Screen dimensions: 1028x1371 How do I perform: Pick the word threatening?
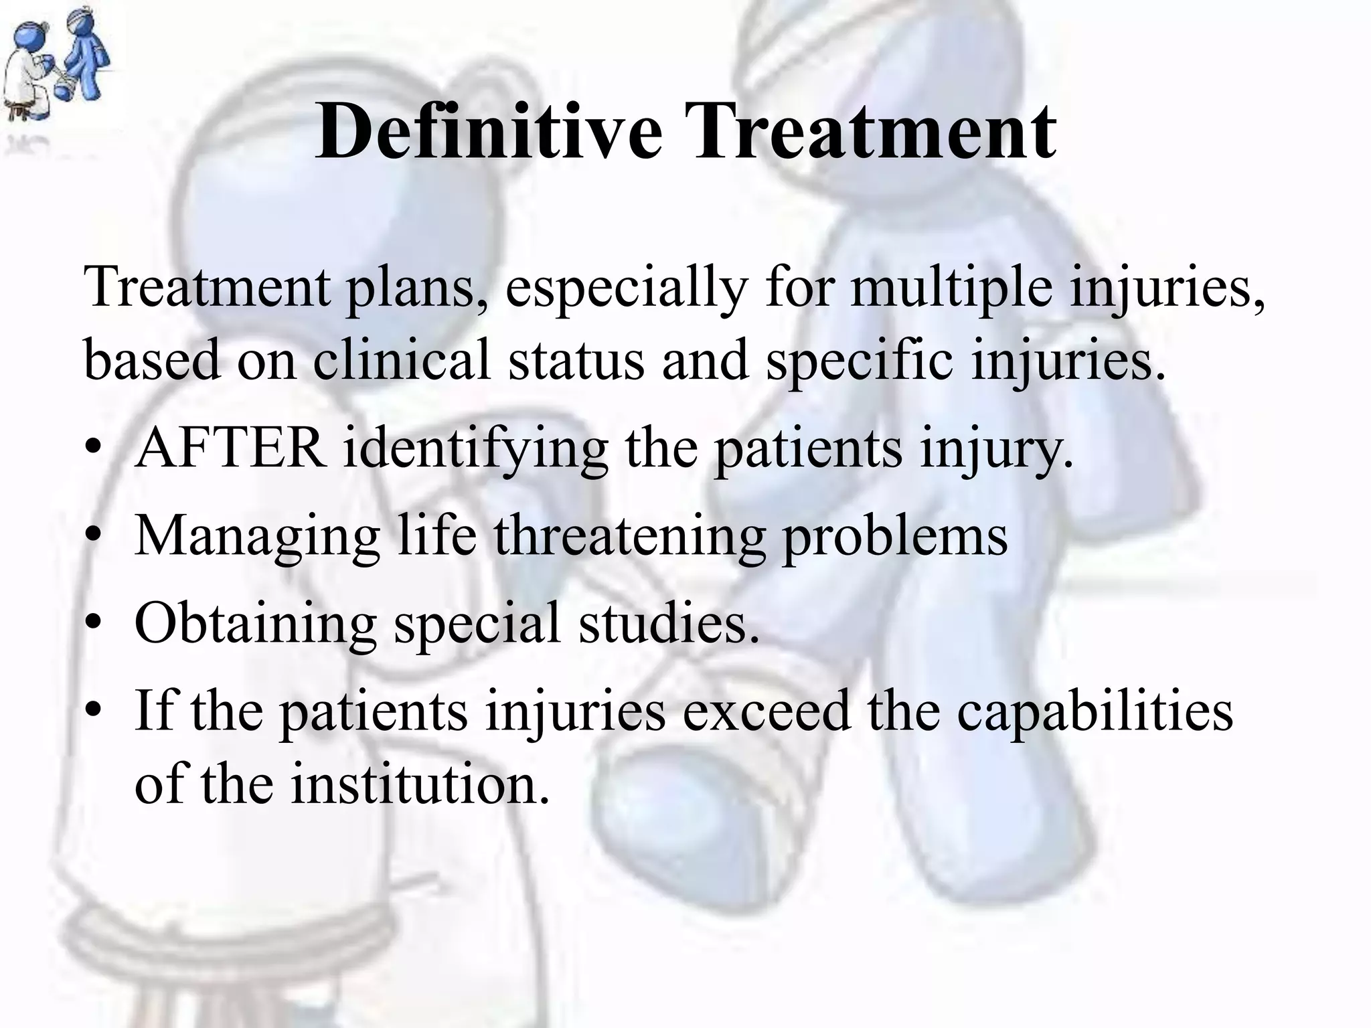pos(629,537)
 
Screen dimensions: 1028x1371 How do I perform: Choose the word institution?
pos(420,784)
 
